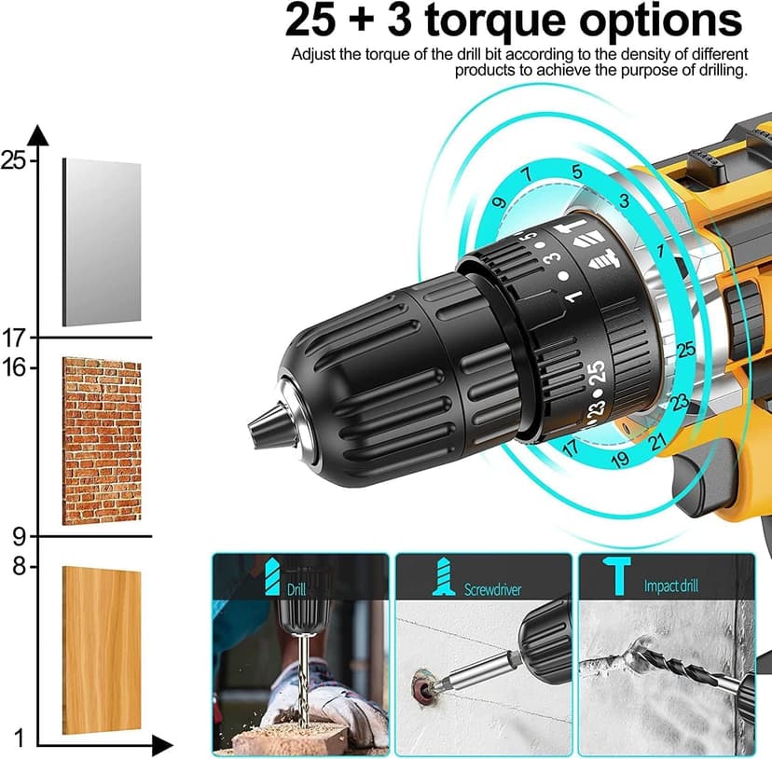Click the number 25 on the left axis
tap(13, 160)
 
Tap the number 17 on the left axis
tap(13, 337)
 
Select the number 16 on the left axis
tap(13, 366)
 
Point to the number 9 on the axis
tap(19, 536)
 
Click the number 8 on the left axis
tap(19, 567)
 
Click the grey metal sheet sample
tap(102, 241)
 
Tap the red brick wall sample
tap(102, 440)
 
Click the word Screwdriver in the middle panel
tap(493, 589)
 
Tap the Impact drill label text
tap(671, 586)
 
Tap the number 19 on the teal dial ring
tap(620, 458)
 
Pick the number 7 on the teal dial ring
tap(528, 173)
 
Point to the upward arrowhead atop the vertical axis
tap(38, 134)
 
